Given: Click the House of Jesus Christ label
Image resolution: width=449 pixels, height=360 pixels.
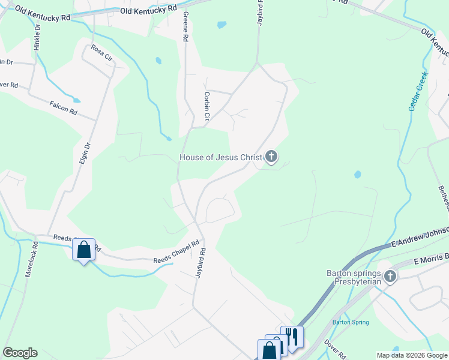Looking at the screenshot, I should click(x=221, y=158).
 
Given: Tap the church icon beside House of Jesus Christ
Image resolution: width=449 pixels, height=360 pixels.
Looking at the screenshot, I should click(x=271, y=157).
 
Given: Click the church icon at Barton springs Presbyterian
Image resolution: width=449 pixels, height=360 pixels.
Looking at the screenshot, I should click(x=390, y=276).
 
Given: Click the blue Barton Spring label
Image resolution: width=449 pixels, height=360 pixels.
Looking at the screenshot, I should click(x=351, y=322).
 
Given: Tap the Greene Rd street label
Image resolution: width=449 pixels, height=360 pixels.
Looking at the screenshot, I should click(x=185, y=26).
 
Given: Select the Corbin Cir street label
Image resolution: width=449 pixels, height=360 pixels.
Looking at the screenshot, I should click(x=206, y=105).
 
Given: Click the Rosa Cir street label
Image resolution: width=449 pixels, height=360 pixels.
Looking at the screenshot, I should click(x=101, y=53).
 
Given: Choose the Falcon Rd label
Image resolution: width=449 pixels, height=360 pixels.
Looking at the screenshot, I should click(x=64, y=108).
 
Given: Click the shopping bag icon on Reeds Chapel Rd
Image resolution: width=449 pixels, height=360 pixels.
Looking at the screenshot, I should click(x=84, y=248).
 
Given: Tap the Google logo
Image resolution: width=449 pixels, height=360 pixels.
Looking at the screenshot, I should click(x=20, y=353).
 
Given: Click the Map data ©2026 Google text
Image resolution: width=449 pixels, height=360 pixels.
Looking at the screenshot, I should click(x=411, y=355).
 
